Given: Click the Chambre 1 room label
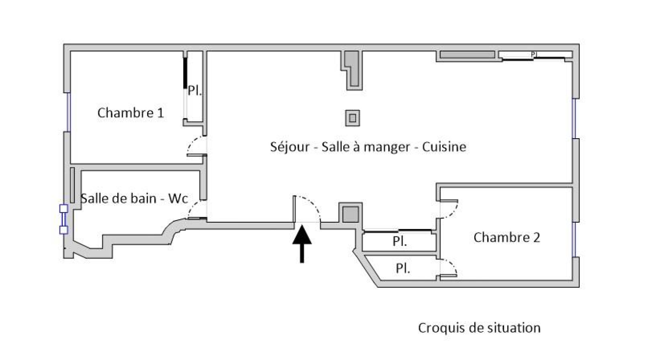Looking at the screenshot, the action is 131,113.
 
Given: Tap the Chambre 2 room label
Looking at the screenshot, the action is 507,237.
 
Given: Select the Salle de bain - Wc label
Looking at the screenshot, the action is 134,199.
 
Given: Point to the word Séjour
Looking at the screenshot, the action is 290,147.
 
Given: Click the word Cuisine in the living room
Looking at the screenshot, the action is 444,147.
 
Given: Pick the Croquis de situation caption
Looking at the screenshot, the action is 479,328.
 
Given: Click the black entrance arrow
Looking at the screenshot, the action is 302,244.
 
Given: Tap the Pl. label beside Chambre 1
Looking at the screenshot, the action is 195,91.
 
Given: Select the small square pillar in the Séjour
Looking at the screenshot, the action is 352,118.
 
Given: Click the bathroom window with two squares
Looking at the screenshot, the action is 64,219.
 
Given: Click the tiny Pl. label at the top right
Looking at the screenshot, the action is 534,55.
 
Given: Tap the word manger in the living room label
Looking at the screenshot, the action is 387,147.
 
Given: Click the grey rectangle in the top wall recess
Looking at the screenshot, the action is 467,55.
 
